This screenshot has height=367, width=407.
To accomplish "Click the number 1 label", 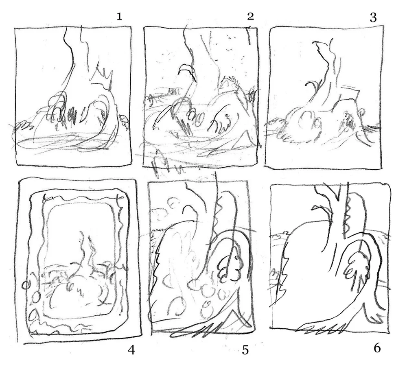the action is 119,17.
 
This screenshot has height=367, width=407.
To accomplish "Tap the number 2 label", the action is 250,16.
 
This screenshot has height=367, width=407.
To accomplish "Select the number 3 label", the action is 373,17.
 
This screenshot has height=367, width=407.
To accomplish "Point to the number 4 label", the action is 131,351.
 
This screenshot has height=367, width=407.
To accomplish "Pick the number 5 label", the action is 245,350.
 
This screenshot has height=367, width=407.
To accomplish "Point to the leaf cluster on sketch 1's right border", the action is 124,121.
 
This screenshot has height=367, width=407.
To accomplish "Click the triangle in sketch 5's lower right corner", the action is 237,319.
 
